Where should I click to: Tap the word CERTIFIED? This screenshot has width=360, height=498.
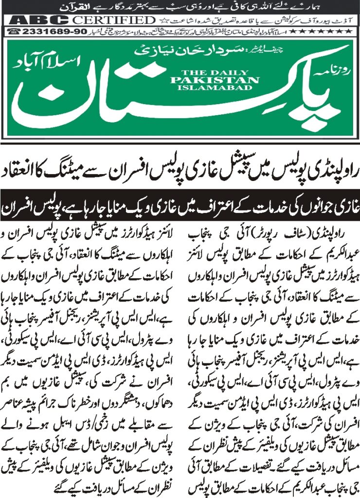click(x=114, y=20)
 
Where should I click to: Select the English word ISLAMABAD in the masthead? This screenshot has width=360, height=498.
click(x=221, y=88)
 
